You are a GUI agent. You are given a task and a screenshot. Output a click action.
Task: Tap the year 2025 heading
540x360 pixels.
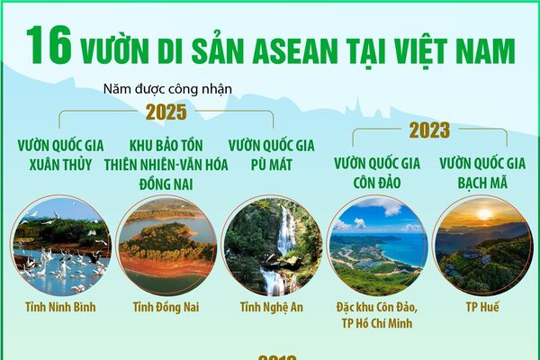[x=166, y=112]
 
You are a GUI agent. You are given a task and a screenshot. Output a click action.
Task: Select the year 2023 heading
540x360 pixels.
[x=429, y=131]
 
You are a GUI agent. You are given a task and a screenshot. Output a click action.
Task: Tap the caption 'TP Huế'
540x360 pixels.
[x=483, y=307]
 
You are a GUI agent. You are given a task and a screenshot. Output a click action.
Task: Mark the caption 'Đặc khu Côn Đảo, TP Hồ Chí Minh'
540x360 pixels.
[x=378, y=316]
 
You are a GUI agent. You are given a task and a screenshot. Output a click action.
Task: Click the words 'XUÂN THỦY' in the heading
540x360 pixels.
[x=60, y=164]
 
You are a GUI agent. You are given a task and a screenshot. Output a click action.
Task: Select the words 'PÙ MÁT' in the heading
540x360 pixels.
[x=271, y=164]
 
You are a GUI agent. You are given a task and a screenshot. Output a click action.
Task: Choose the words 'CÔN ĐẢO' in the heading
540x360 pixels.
[x=378, y=183]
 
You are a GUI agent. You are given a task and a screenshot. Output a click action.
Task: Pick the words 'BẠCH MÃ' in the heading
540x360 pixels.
[x=483, y=183]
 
